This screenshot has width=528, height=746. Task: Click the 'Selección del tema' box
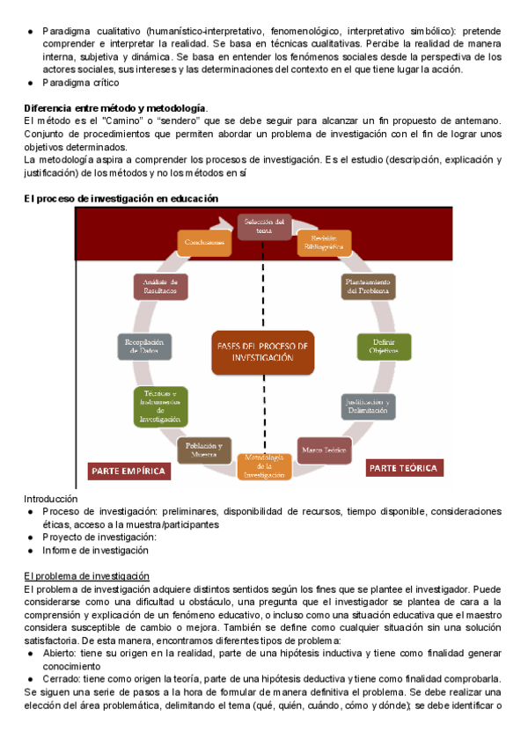[x=264, y=225]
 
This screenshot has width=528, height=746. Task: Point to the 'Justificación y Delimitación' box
[x=367, y=406]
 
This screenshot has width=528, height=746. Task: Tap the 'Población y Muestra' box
[x=204, y=450]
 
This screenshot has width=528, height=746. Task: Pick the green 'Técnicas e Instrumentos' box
[x=159, y=406]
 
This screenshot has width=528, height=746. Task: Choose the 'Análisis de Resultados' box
[x=161, y=286]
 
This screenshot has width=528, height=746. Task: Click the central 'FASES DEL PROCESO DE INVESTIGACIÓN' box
[x=263, y=353]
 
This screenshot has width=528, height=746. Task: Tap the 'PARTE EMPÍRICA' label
[x=128, y=472]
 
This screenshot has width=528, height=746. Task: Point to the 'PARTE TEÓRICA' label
[x=403, y=468]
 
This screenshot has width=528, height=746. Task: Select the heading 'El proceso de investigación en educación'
[x=121, y=199]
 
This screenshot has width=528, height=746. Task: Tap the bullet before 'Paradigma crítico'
[x=32, y=83]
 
